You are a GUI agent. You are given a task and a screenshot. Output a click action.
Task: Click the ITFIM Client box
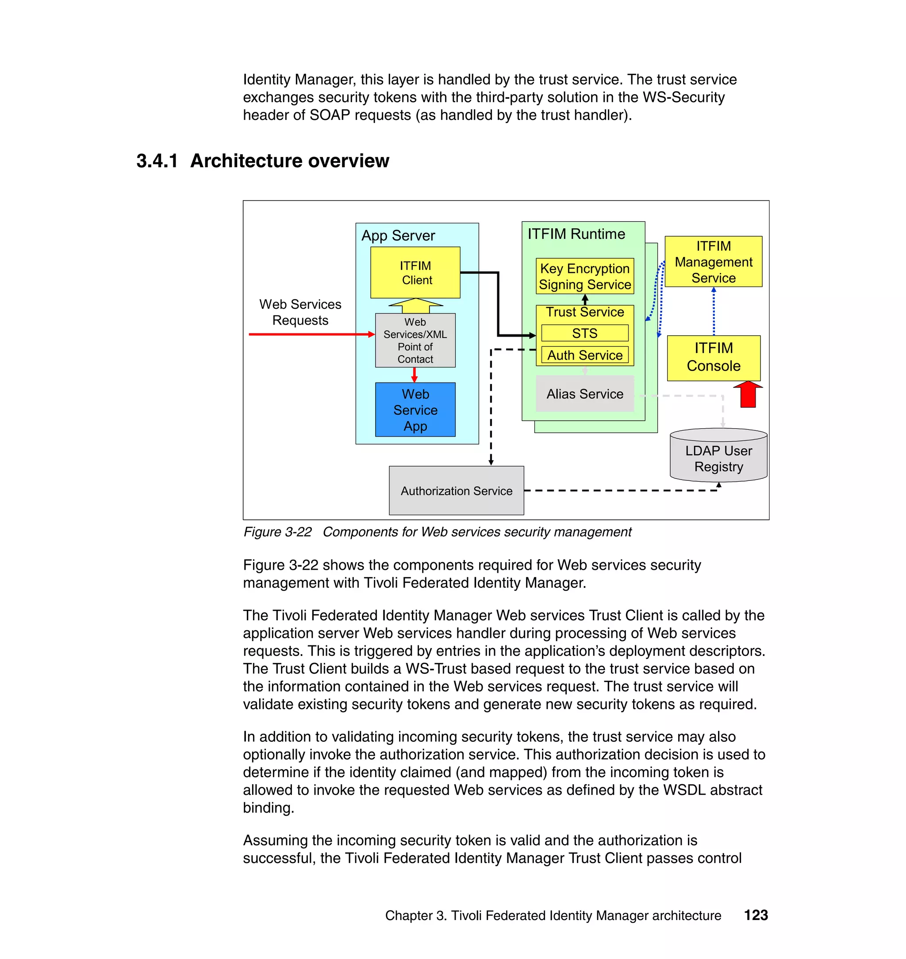(x=415, y=272)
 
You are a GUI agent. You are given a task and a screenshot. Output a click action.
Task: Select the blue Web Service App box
(x=415, y=410)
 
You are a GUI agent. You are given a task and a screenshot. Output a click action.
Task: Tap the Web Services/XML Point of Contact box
(x=415, y=340)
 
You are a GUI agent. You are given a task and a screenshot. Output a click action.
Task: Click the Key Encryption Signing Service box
(x=584, y=276)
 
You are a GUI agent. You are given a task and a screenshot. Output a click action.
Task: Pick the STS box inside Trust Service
(x=584, y=333)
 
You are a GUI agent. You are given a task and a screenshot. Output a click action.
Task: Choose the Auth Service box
(x=584, y=355)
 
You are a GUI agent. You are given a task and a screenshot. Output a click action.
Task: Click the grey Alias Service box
(x=584, y=394)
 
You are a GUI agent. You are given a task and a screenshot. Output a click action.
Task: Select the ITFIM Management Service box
(x=713, y=262)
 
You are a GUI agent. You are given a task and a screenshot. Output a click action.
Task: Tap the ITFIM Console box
(x=713, y=357)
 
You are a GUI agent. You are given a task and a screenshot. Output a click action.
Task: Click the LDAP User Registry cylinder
(x=718, y=456)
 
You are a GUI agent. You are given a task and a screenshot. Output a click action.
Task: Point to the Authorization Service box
(x=456, y=490)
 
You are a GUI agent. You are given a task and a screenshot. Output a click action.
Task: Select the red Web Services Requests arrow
(x=309, y=334)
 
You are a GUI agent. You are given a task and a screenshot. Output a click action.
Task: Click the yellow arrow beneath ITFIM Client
(x=415, y=306)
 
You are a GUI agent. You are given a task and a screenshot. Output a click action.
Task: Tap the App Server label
(x=398, y=236)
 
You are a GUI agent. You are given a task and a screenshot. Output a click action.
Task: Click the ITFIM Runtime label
(x=576, y=234)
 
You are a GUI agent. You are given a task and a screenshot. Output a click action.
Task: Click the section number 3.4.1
(x=157, y=161)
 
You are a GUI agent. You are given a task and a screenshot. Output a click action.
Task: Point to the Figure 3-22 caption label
(x=277, y=532)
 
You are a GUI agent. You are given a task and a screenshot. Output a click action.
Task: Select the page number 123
(x=755, y=915)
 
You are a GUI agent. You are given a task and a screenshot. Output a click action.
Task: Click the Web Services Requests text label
(x=300, y=312)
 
